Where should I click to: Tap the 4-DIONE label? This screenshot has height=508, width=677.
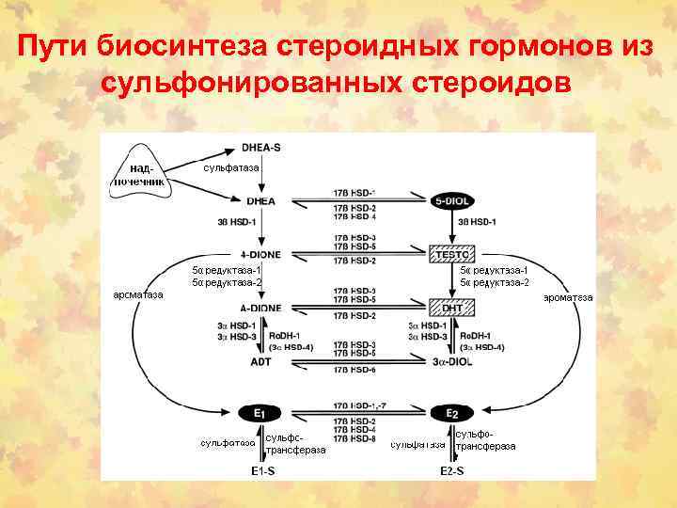click(x=260, y=254)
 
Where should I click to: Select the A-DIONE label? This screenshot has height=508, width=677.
click(x=260, y=308)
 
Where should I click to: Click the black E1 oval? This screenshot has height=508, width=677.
click(x=260, y=413)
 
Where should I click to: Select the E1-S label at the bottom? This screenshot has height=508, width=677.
click(x=262, y=469)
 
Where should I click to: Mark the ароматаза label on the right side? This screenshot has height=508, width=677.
click(x=568, y=297)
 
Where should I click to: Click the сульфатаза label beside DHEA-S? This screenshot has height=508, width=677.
click(x=231, y=167)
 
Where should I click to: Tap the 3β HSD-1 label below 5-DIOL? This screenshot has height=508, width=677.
click(x=477, y=222)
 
